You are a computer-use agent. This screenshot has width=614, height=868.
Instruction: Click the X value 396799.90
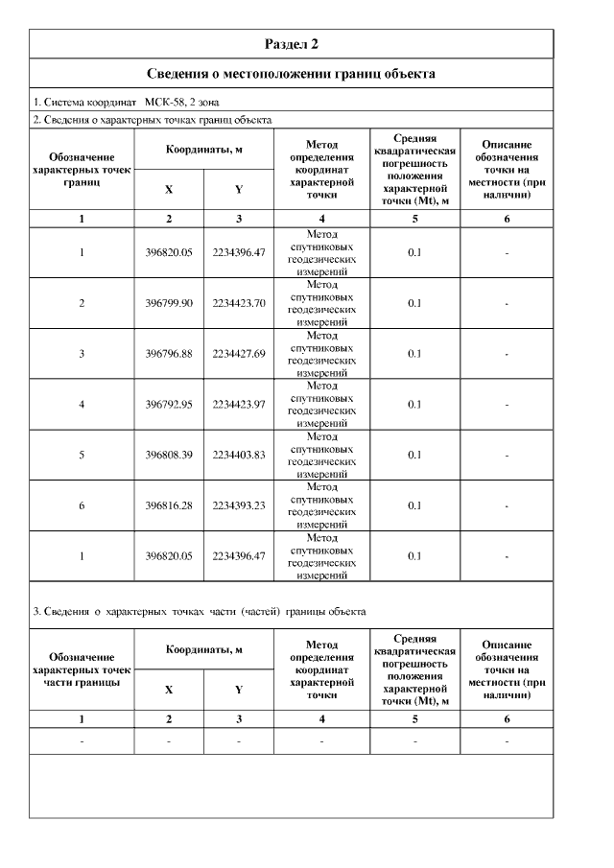(169, 303)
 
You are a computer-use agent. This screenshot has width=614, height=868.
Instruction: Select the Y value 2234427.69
(239, 354)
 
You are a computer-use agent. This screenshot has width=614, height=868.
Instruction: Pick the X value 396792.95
(169, 404)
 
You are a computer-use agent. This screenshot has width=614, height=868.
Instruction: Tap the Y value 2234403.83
(239, 455)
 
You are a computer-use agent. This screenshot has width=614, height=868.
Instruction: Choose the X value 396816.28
(169, 505)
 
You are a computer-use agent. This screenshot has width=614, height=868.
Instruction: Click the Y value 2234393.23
(239, 505)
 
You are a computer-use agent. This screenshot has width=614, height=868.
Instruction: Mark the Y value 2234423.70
(239, 303)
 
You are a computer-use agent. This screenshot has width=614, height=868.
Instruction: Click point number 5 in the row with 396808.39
(82, 455)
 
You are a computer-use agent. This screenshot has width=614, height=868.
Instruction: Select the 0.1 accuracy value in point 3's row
(414, 354)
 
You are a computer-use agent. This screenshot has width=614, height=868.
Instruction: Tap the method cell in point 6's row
(321, 505)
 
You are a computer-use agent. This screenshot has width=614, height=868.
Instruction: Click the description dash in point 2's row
(507, 303)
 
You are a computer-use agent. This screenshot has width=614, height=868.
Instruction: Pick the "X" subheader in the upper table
(169, 190)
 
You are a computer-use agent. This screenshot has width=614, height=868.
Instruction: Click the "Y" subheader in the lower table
(239, 689)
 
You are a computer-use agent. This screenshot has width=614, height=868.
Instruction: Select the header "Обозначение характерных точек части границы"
(82, 669)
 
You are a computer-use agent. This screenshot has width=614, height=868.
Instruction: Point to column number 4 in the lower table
(321, 718)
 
